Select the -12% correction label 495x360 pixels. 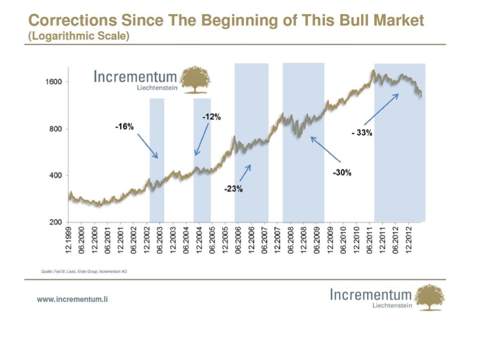click(x=211, y=117)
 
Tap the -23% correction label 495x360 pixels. click(x=233, y=189)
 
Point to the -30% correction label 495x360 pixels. click(x=342, y=172)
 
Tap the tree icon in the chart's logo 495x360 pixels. click(x=195, y=80)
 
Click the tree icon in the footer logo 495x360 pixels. click(x=430, y=297)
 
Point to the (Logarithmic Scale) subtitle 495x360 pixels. click(x=78, y=35)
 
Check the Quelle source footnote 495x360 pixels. click(x=84, y=272)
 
